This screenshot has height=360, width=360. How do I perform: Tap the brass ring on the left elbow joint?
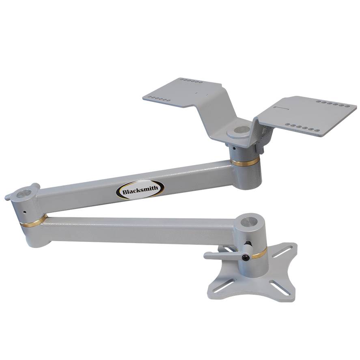33,222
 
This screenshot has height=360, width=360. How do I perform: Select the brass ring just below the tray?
245,162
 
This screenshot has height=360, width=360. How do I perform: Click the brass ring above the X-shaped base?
259,253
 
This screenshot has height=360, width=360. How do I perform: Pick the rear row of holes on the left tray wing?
191,81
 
